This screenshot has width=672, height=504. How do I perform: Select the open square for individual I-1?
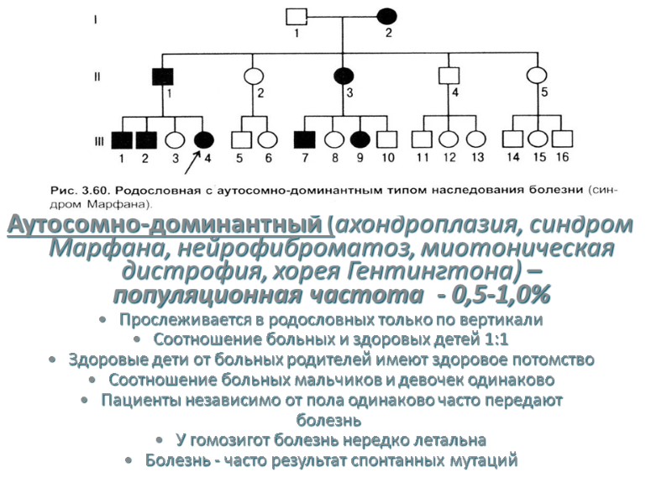coord(296,16)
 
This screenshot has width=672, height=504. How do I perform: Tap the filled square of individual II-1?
coord(161,76)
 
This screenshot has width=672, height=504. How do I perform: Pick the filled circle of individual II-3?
coord(343,76)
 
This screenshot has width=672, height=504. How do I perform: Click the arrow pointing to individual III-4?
coord(193,160)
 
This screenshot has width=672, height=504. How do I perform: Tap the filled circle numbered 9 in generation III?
coord(360,140)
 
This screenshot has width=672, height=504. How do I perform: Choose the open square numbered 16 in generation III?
coord(562,140)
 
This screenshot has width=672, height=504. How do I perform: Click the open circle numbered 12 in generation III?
coord(450,140)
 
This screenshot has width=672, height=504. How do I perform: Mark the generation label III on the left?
coord(98,141)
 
